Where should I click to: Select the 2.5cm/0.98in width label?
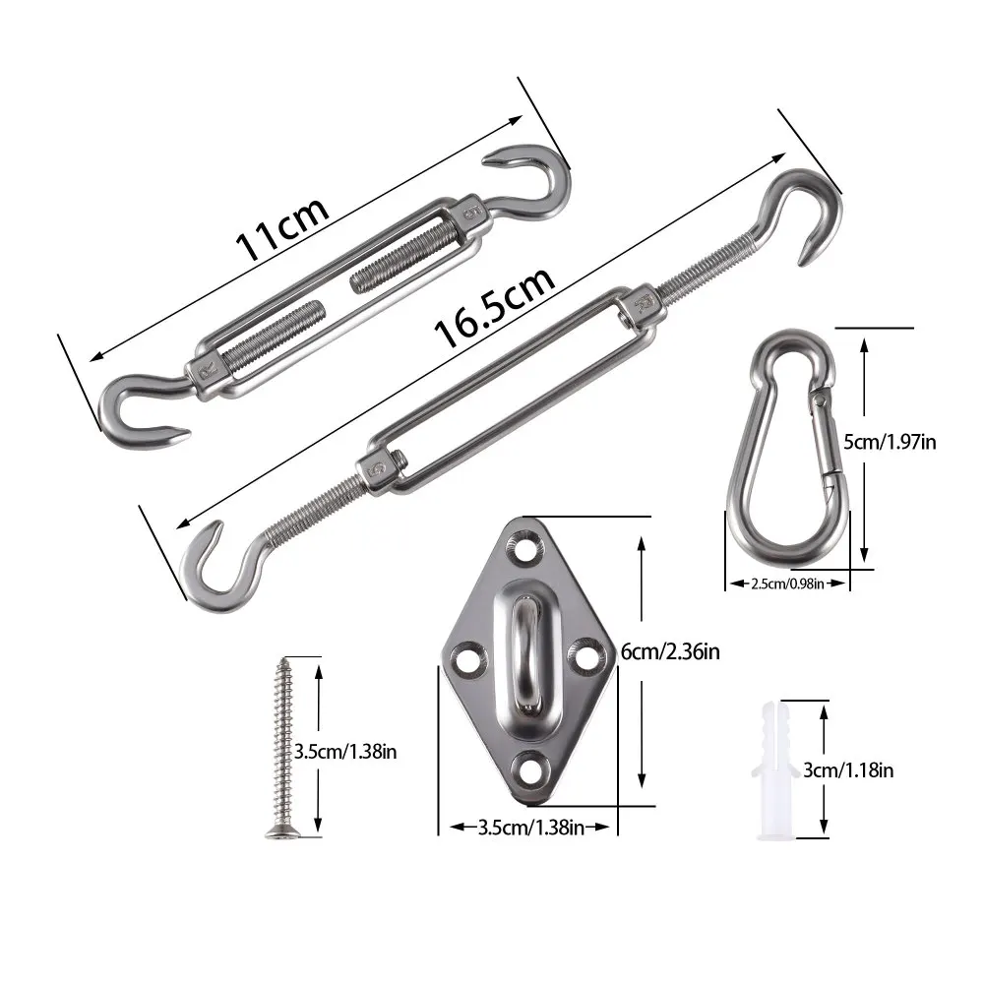(x=787, y=584)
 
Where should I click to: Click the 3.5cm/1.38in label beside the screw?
(x=345, y=752)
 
